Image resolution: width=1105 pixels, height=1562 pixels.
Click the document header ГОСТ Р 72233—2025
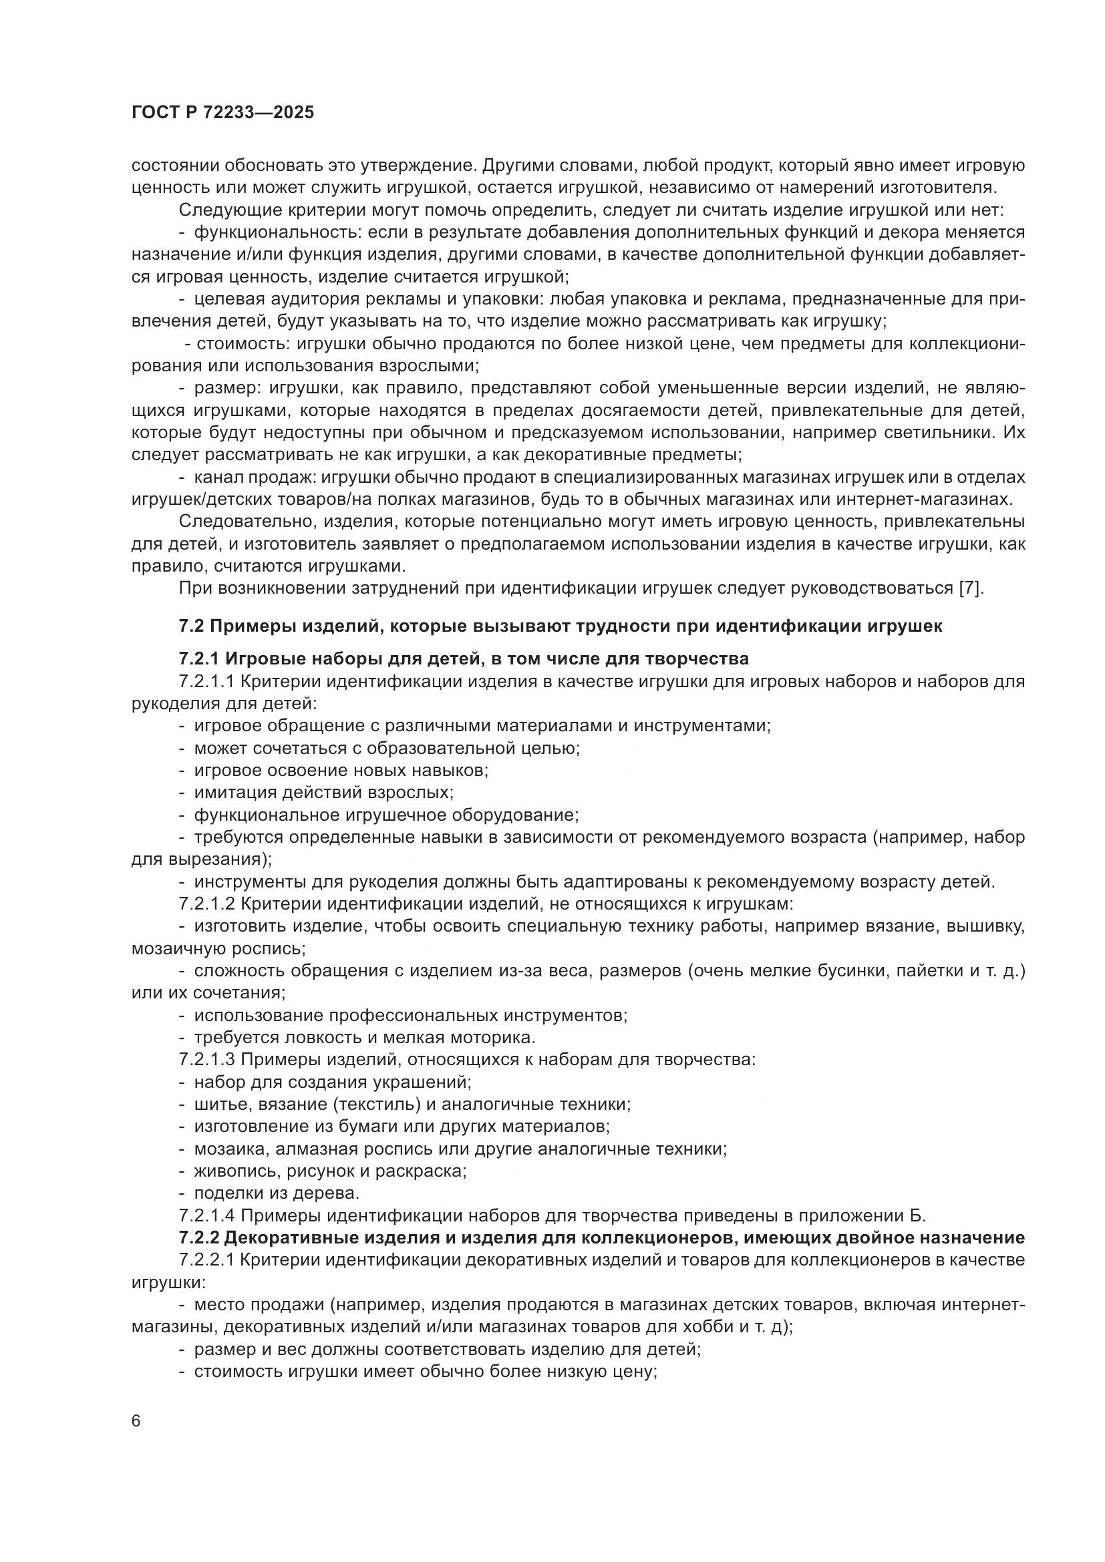point(222,113)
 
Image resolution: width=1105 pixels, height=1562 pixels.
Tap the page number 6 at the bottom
point(136,1422)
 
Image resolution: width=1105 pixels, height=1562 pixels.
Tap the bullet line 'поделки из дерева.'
point(277,1193)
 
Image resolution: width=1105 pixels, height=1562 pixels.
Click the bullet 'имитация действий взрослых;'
point(324,793)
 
